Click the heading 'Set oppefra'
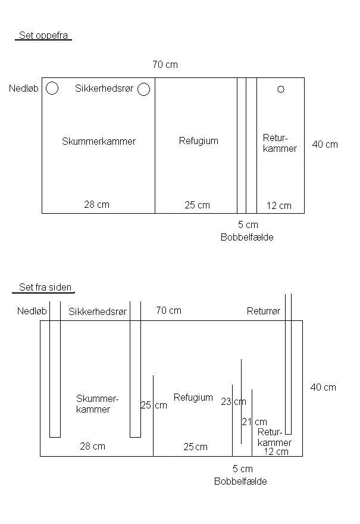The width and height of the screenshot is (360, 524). pos(43,36)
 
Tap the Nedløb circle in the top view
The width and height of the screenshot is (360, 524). pos(52,89)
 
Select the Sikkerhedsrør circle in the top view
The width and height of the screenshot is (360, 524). pos(143,89)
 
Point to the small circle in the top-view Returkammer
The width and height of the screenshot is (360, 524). pos(281,89)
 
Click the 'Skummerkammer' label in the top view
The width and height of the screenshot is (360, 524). pos(99,141)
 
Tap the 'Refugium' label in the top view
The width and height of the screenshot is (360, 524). pos(198,141)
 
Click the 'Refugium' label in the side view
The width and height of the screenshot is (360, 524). pos(193,397)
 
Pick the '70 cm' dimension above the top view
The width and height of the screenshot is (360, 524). pos(165,64)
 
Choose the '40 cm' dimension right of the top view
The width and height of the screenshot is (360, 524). pos(325,144)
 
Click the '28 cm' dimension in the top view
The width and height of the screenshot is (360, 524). pos(96,204)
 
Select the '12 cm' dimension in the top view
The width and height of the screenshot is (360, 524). pos(278,206)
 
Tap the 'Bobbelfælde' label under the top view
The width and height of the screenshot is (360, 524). pos(247,237)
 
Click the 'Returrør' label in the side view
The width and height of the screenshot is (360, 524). pos(264,311)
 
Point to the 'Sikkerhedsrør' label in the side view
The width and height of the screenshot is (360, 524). pos(98,311)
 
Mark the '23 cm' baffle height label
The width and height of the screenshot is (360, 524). pos(233,402)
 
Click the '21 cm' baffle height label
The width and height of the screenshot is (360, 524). pos(254,422)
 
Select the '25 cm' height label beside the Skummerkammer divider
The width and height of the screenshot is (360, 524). pos(154,406)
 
